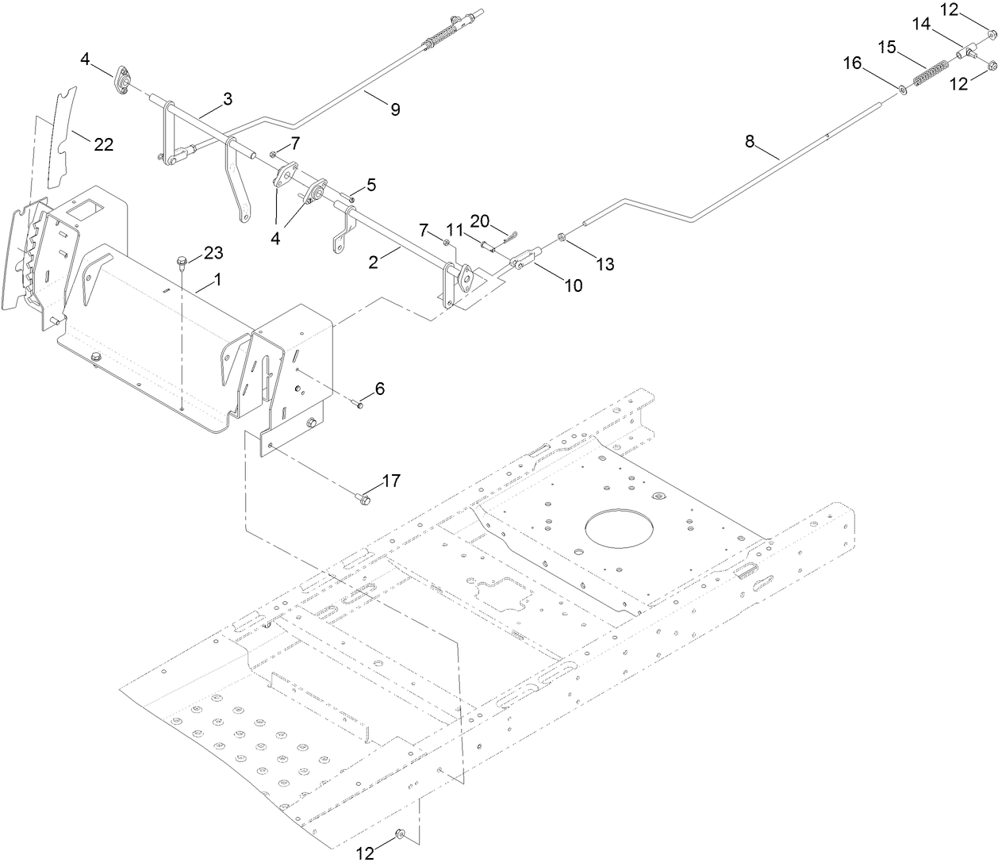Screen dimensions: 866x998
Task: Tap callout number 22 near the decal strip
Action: pos(103,145)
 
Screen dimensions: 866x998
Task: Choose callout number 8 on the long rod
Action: pos(750,142)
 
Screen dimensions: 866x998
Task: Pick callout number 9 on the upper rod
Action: pos(395,109)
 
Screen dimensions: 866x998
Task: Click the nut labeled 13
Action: pos(561,237)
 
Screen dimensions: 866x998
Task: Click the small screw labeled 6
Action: pos(359,405)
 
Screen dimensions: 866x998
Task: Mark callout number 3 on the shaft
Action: pos(228,99)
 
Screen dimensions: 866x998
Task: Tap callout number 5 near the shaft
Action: pos(370,185)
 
